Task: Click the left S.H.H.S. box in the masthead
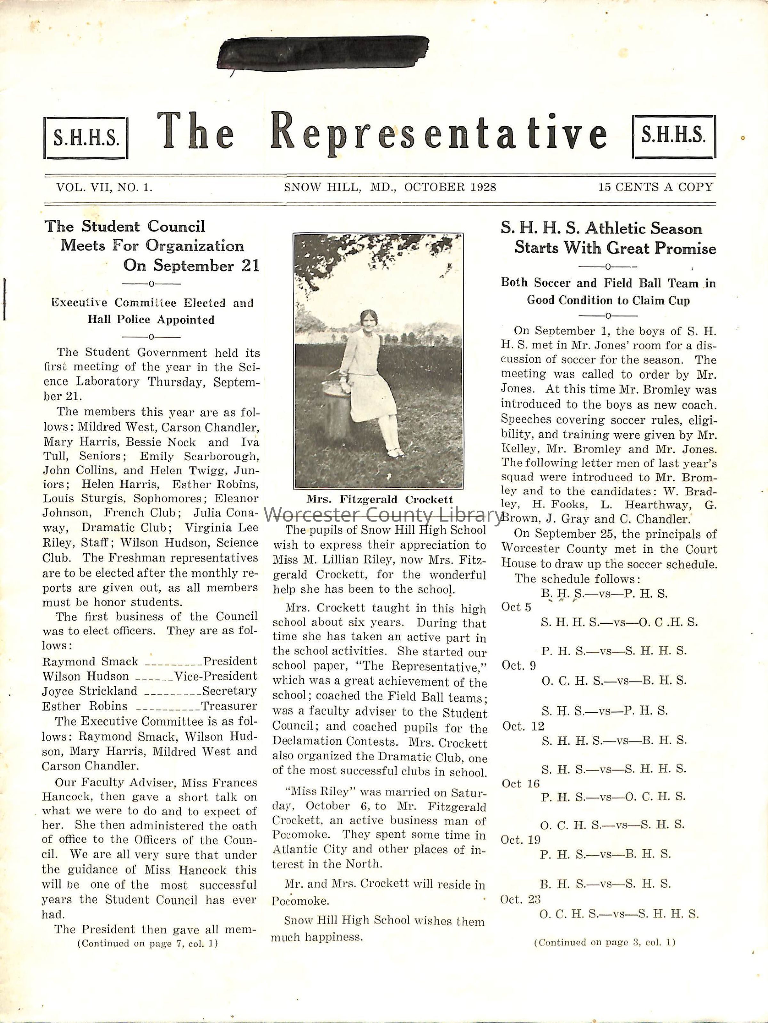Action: (x=86, y=138)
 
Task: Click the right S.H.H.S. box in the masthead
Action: (x=673, y=136)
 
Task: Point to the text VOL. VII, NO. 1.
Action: (x=104, y=187)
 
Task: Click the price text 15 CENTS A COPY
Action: (x=655, y=187)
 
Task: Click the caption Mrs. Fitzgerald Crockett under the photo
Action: (x=379, y=500)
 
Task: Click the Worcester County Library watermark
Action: (x=383, y=515)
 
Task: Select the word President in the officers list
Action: (x=230, y=661)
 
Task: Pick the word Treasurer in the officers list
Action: (x=229, y=706)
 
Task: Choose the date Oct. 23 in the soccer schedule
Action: (x=521, y=899)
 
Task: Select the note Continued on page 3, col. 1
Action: (x=604, y=942)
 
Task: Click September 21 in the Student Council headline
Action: (x=191, y=266)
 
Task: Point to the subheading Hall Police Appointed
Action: (x=151, y=320)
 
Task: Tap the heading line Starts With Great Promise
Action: (x=615, y=248)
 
